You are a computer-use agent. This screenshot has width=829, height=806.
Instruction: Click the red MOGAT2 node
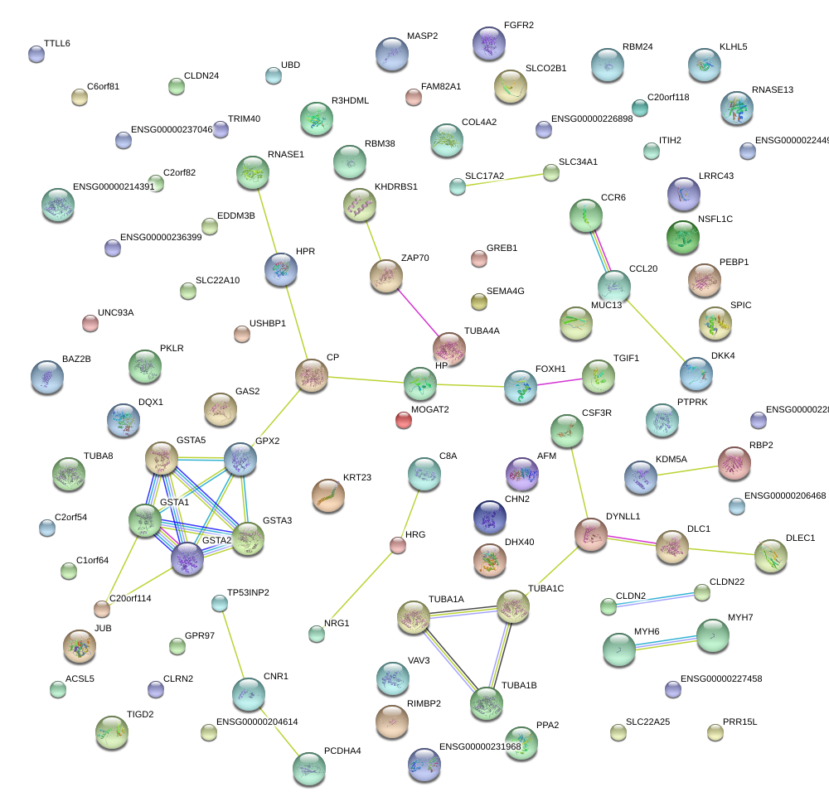404,420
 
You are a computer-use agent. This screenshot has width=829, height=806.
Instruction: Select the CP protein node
312,376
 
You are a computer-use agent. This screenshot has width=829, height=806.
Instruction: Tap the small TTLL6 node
36,55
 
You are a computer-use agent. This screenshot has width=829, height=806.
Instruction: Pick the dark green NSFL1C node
683,238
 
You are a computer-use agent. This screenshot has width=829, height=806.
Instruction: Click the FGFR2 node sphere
489,44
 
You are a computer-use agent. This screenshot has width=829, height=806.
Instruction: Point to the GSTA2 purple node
187,559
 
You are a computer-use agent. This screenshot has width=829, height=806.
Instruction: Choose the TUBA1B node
487,703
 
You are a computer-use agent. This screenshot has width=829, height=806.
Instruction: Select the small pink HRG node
397,544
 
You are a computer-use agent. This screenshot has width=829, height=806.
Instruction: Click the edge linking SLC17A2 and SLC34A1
504,179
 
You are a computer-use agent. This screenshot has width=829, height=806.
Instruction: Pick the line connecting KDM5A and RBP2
687,470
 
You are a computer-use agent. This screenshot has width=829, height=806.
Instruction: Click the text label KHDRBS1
396,186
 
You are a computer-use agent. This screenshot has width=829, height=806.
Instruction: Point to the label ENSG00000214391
114,186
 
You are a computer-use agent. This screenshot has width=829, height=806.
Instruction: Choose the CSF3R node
566,431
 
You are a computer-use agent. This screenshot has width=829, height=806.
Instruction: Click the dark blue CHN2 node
489,518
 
